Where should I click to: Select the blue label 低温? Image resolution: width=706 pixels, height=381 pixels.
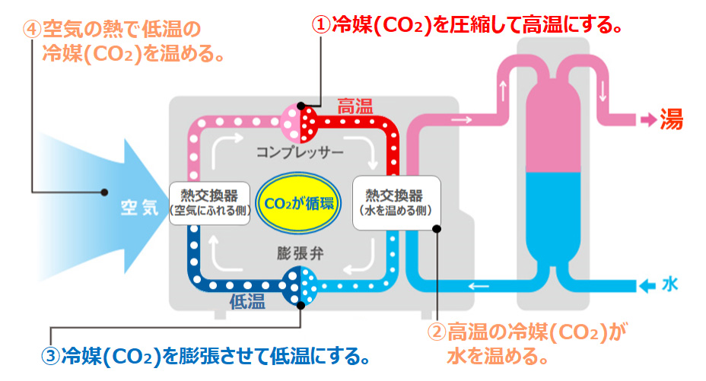coord(247,301)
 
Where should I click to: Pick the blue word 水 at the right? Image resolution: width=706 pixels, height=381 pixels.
coord(669,285)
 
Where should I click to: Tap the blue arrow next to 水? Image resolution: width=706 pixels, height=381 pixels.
coord(647,286)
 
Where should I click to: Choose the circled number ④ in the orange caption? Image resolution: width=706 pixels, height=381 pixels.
coord(32,30)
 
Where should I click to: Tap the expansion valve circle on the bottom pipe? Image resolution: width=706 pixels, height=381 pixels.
coord(299,286)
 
